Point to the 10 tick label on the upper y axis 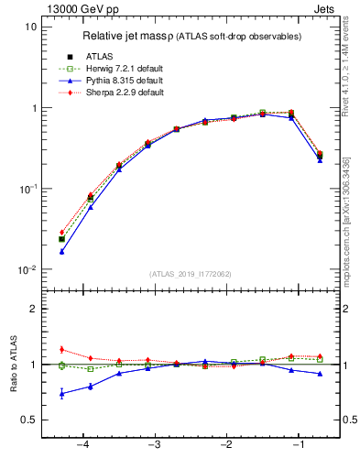(30, 27)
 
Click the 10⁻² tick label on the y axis (27, 270)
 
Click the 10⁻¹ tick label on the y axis (27, 190)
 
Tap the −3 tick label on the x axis (154, 445)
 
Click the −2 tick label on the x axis (226, 445)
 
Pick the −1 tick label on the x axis (299, 445)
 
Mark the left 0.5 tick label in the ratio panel (28, 420)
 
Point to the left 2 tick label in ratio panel (33, 309)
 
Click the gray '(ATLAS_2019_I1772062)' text (190, 274)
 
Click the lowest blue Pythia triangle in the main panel (61, 251)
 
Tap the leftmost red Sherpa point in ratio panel (61, 349)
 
